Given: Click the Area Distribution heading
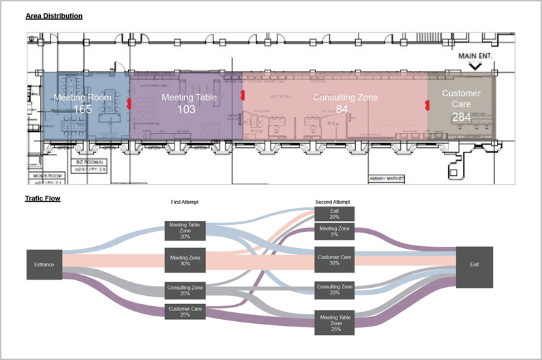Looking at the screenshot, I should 54,15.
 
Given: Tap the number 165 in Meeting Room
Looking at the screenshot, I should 82,110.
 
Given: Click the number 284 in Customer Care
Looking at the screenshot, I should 461,117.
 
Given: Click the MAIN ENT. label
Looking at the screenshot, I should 475,55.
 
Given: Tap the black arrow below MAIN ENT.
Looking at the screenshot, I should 475,66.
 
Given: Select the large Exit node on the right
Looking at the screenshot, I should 475,264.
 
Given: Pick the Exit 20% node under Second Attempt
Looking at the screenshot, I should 334,214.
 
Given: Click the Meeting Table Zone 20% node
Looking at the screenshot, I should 185,230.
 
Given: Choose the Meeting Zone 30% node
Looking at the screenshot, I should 185,260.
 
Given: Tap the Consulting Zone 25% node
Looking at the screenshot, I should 185,290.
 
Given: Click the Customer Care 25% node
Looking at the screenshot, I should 185,311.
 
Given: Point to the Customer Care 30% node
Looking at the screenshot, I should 334,260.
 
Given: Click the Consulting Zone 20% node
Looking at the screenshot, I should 334,290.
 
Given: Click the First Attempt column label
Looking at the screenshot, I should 184,202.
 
